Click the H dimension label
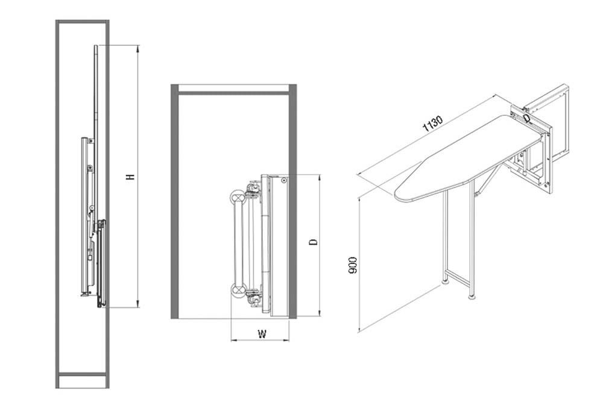click(129, 176)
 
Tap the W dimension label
click(262, 333)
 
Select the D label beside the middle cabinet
click(313, 242)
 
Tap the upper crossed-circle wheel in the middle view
click(237, 196)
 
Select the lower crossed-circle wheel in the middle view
click(237, 292)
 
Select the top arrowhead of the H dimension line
click(137, 48)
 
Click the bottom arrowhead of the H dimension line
click(137, 305)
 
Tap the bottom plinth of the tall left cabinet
click(83, 381)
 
